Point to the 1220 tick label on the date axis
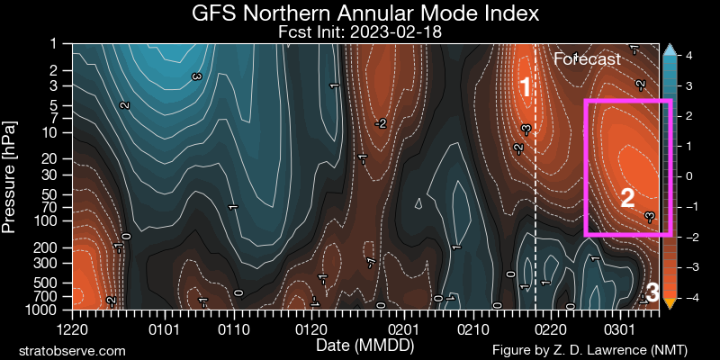point(73,330)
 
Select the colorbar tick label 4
point(688,56)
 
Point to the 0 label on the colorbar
point(688,176)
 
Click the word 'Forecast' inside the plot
point(588,59)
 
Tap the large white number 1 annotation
point(526,87)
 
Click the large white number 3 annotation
point(653,292)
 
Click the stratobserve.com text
point(71,348)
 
